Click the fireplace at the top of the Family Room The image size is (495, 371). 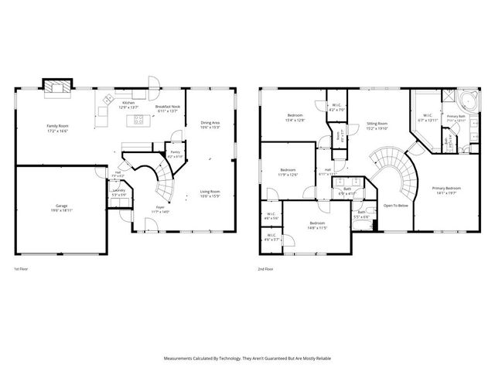click(x=56, y=87)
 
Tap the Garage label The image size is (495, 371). click(x=61, y=206)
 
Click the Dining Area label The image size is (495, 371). click(x=210, y=122)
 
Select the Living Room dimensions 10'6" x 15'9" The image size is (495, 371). click(x=210, y=196)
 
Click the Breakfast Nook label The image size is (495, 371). click(x=168, y=107)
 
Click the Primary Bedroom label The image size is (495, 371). click(x=447, y=188)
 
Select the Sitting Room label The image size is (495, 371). click(x=377, y=123)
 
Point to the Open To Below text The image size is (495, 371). click(x=395, y=206)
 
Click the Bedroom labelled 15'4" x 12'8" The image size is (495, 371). click(x=295, y=116)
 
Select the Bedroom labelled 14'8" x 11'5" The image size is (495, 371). click(x=308, y=223)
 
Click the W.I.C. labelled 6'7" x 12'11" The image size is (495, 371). click(x=428, y=117)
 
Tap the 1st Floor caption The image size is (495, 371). click(x=22, y=269)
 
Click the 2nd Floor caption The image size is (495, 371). click(x=267, y=269)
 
